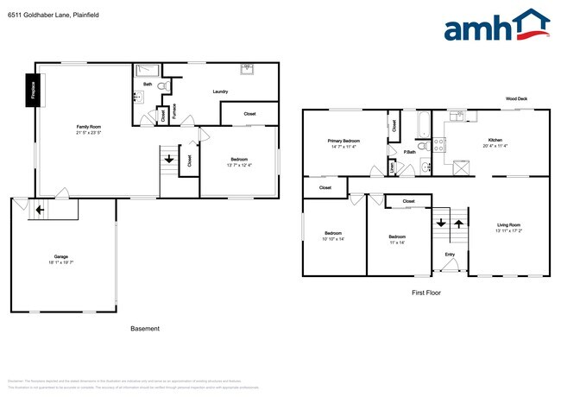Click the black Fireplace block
[x=32, y=90]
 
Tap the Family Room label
[x=89, y=127]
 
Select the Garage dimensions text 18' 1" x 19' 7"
[x=61, y=262]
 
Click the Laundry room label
[x=220, y=91]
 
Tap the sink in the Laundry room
[x=246, y=67]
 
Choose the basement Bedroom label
[x=239, y=159]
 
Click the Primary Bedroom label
[x=344, y=141]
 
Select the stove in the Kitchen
[x=438, y=146]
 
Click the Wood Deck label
[x=516, y=99]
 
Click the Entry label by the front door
[x=450, y=254]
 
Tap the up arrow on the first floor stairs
[x=457, y=224]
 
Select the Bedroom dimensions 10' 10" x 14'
[x=334, y=238]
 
